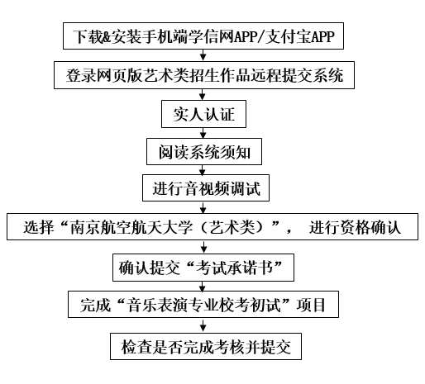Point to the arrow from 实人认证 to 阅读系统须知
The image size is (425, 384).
click(x=203, y=133)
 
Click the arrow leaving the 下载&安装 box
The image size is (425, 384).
click(x=203, y=55)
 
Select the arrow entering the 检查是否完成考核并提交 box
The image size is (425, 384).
click(x=203, y=325)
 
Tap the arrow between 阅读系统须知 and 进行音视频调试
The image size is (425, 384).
click(x=203, y=170)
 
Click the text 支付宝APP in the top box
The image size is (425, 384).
click(x=300, y=36)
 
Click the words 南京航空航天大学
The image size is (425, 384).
click(x=131, y=227)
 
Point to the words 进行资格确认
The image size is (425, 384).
click(x=355, y=227)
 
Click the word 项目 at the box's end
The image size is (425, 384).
click(x=312, y=305)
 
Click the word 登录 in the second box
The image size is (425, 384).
click(x=81, y=75)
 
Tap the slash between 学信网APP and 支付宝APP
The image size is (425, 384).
click(x=261, y=36)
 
